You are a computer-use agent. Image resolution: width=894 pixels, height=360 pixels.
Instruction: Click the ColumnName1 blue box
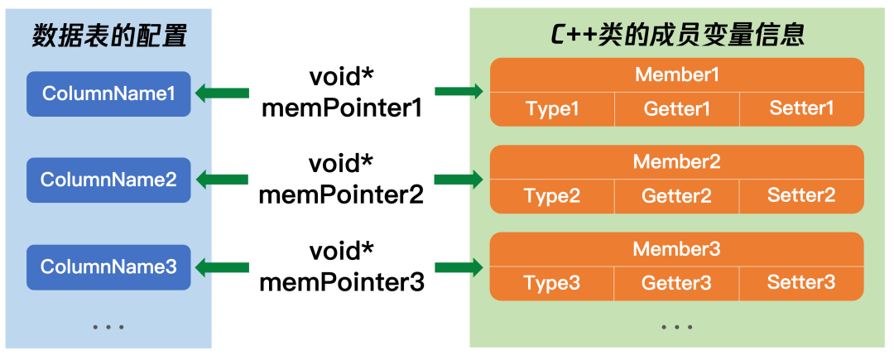click(108, 94)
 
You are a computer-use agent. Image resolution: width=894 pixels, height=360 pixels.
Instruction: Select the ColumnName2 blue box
click(108, 180)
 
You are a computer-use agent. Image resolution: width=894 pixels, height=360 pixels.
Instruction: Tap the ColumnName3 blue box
click(108, 266)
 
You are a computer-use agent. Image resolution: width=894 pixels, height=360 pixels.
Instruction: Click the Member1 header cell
click(677, 74)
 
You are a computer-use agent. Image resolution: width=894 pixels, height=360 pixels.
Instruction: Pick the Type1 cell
click(552, 108)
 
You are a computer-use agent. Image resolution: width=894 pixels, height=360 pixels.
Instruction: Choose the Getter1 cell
click(677, 108)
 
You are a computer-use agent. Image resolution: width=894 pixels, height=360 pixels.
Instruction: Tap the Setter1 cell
click(801, 108)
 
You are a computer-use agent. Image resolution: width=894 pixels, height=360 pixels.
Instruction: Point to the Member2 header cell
click(677, 161)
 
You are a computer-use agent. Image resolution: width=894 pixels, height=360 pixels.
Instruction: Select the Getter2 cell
click(677, 196)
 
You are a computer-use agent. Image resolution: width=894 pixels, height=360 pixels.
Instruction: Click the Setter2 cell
click(801, 196)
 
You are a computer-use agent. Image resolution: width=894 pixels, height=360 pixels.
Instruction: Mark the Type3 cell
click(552, 283)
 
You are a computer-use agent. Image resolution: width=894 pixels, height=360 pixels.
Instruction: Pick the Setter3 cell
click(801, 283)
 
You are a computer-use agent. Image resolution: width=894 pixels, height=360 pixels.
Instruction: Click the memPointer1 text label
click(342, 108)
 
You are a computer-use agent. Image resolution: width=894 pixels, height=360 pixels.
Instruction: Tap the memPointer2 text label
click(342, 195)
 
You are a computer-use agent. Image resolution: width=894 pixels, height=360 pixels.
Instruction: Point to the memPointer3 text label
click(342, 282)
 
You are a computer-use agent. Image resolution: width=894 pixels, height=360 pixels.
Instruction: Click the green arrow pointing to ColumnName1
click(223, 93)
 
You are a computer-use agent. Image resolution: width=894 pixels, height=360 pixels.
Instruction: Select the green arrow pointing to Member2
click(459, 180)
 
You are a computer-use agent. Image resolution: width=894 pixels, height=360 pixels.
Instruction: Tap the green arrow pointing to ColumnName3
click(223, 266)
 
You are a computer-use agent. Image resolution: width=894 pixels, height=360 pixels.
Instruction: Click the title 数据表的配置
click(109, 37)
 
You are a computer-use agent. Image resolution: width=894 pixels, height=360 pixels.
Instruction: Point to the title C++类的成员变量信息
click(677, 36)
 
